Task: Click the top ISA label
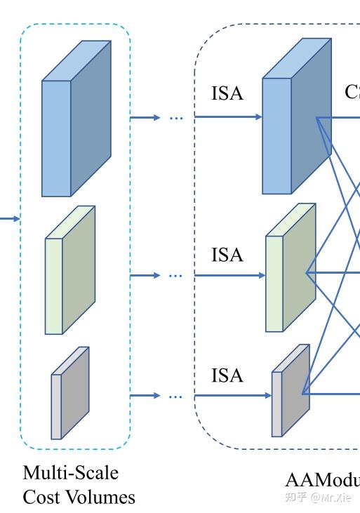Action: pyautogui.click(x=227, y=93)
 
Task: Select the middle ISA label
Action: pyautogui.click(x=227, y=255)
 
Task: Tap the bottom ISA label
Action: pyautogui.click(x=227, y=376)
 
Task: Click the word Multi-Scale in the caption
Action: pyautogui.click(x=70, y=472)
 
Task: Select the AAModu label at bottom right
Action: pyautogui.click(x=322, y=480)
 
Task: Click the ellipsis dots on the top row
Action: pyautogui.click(x=175, y=118)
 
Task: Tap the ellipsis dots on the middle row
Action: pyautogui.click(x=175, y=276)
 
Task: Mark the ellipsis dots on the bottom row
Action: pyautogui.click(x=175, y=397)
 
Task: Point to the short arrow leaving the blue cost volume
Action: pyautogui.click(x=145, y=118)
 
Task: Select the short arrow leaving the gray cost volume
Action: pyautogui.click(x=145, y=397)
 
